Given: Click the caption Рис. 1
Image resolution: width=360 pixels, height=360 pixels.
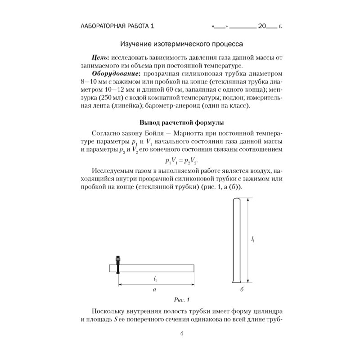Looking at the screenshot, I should click(x=182, y=299).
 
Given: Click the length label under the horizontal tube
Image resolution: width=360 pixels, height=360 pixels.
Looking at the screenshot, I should click(x=155, y=279).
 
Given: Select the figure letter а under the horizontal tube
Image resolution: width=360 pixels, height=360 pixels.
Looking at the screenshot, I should click(x=155, y=290).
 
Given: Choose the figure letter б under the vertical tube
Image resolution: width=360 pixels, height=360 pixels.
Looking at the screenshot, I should click(x=242, y=290).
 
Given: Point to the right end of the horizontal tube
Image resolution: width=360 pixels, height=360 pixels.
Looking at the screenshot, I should click(x=194, y=268).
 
